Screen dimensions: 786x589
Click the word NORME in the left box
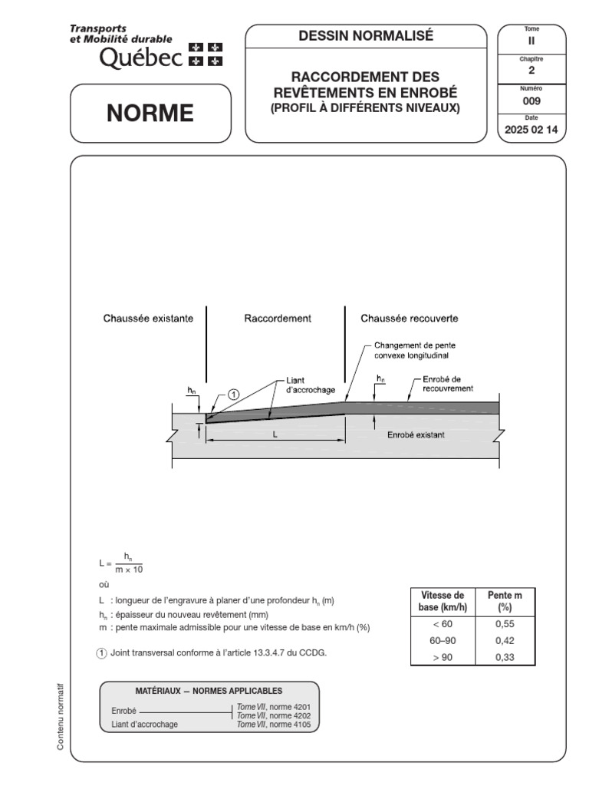[x=150, y=114]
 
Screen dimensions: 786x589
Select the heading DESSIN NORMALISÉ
[x=366, y=35]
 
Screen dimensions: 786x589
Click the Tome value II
[x=531, y=41]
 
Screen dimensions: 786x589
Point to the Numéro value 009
[x=531, y=99]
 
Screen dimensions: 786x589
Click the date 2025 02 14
[x=531, y=130]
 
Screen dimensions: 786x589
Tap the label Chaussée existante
[x=148, y=317]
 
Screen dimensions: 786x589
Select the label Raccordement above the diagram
[x=278, y=317]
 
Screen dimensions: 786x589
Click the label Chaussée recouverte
[x=410, y=317]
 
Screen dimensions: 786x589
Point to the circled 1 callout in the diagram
[x=233, y=394]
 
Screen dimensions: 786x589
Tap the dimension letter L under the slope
[x=275, y=434]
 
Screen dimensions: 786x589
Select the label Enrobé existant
[x=416, y=434]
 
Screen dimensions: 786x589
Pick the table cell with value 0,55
[x=505, y=624]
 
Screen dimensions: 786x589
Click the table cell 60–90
[x=443, y=640]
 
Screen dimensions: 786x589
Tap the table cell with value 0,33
[x=505, y=657]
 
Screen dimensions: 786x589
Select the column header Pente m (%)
[x=505, y=601]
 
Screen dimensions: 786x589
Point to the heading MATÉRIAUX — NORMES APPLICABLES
[x=209, y=690]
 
